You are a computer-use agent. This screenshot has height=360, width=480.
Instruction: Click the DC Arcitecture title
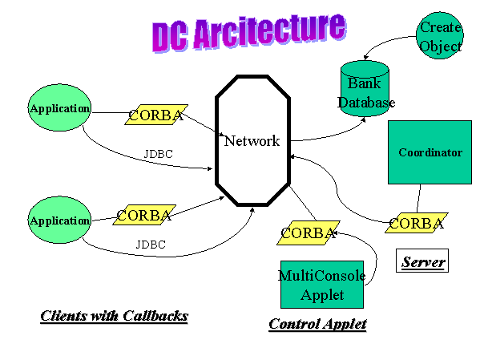pyautogui.click(x=249, y=33)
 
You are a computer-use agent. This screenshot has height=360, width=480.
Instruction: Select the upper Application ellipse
pyautogui.click(x=59, y=107)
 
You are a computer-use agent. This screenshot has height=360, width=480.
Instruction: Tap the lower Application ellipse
pyautogui.click(x=59, y=220)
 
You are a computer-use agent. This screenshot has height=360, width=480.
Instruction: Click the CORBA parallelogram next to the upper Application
pyautogui.click(x=156, y=115)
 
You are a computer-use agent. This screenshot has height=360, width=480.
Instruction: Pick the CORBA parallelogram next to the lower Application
pyautogui.click(x=144, y=215)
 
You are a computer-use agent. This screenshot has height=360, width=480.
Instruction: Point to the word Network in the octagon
pyautogui.click(x=252, y=141)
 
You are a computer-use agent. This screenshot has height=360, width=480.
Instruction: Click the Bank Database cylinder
pyautogui.click(x=365, y=88)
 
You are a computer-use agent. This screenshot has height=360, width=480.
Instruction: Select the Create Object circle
pyautogui.click(x=440, y=35)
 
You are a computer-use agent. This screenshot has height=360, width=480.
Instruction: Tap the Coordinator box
pyautogui.click(x=430, y=152)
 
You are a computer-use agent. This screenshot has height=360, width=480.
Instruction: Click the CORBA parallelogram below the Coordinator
pyautogui.click(x=417, y=223)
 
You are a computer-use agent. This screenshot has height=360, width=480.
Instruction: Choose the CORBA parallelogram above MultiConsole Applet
pyautogui.click(x=309, y=233)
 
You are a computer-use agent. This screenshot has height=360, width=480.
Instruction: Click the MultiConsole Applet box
pyautogui.click(x=322, y=285)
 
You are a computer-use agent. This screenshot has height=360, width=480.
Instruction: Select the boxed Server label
pyautogui.click(x=422, y=261)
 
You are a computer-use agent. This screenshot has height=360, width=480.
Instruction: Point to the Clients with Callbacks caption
pyautogui.click(x=114, y=316)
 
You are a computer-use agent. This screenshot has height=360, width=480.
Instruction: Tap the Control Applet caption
pyautogui.click(x=318, y=324)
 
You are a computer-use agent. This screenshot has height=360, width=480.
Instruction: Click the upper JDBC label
pyautogui.click(x=159, y=154)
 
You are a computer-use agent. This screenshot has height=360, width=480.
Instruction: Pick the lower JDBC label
pyautogui.click(x=151, y=245)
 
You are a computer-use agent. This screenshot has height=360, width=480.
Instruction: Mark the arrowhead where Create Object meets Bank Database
pyautogui.click(x=365, y=58)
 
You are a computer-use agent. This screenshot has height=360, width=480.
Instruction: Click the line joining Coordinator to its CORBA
pyautogui.click(x=418, y=199)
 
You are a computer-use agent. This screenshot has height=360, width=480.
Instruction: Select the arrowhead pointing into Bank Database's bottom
pyautogui.click(x=363, y=119)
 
